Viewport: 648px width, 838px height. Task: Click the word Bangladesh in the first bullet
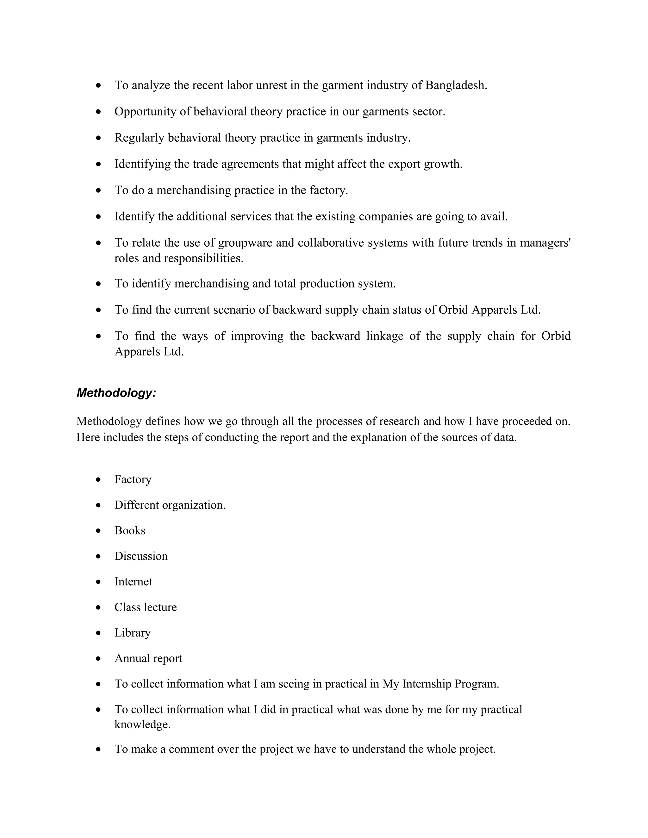coord(456,85)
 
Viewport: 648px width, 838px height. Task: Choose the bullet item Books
coord(130,531)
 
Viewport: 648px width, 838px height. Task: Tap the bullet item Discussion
coord(141,556)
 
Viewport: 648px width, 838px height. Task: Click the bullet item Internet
coord(133,582)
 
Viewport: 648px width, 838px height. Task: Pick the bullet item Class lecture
coord(146,607)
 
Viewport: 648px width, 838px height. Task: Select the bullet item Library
coord(133,633)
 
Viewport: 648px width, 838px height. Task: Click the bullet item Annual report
coord(148,658)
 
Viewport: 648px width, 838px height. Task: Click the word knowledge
coord(142,725)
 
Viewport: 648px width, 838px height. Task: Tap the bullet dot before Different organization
coord(99,505)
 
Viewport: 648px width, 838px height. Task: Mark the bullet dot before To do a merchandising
coord(99,190)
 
